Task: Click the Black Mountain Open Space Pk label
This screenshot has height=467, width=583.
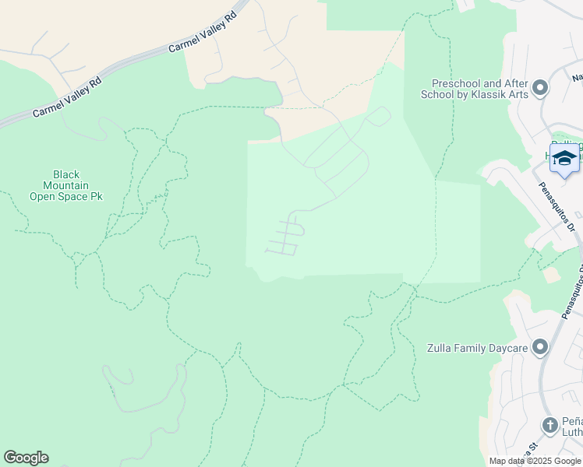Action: click(66, 186)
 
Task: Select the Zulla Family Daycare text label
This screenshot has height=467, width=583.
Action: click(478, 349)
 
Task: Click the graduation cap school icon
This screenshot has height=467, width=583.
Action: click(564, 158)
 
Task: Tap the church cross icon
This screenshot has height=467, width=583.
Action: click(550, 426)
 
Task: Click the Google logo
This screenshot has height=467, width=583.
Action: click(26, 458)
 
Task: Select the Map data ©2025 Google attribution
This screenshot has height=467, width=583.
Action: click(535, 461)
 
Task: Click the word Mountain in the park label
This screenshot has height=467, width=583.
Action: click(66, 186)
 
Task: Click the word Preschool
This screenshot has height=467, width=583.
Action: click(457, 83)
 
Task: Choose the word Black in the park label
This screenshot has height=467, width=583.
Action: click(66, 175)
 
